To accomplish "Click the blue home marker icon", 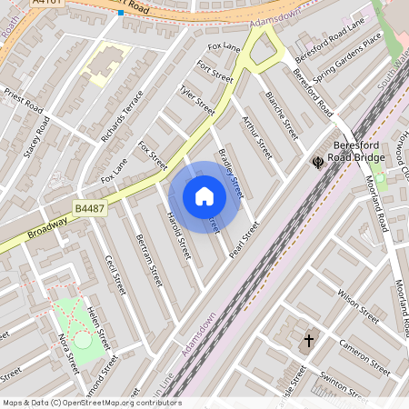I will [x=204, y=196].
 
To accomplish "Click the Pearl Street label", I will [x=244, y=239].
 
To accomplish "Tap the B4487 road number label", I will [x=89, y=208].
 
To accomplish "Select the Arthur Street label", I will [x=257, y=135].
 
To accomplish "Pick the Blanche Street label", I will [x=282, y=110].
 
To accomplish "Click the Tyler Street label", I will [x=196, y=100].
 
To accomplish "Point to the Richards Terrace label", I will [x=123, y=115].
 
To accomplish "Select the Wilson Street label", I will [x=357, y=307].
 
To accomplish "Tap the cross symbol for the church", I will [x=308, y=341].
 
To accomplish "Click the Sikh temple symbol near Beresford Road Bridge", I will [x=318, y=163].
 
